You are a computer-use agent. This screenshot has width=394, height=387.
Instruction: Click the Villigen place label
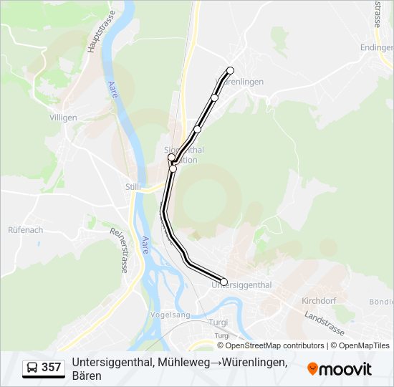(x=63, y=117)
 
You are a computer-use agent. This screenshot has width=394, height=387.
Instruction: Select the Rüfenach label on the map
(x=24, y=230)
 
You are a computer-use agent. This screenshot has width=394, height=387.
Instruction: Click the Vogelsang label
(x=170, y=315)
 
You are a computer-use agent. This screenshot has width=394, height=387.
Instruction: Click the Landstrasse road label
(x=324, y=324)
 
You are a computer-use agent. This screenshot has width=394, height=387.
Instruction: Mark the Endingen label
(x=378, y=48)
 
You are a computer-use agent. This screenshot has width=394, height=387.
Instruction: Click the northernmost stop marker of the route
(x=230, y=70)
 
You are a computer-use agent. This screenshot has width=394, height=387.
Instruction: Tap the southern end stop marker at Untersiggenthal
(x=224, y=282)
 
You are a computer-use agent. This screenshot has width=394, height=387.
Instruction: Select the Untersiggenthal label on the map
(x=242, y=285)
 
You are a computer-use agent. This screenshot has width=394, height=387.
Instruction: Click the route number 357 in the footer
(x=51, y=368)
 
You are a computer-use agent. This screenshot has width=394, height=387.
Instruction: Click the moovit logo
(x=340, y=369)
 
